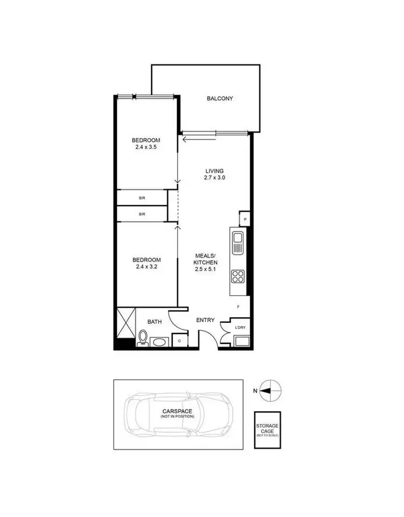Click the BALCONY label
tap(220, 98)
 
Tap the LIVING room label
tap(214, 171)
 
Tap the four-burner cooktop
tap(238, 277)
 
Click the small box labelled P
tap(245, 219)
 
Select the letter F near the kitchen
tap(239, 307)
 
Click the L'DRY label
tap(240, 327)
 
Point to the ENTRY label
tap(205, 321)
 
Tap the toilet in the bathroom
tap(143, 338)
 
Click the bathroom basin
tap(159, 342)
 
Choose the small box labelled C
tap(179, 341)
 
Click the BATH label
tap(155, 322)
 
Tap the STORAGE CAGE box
tap(268, 430)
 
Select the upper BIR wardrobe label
tap(142, 198)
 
